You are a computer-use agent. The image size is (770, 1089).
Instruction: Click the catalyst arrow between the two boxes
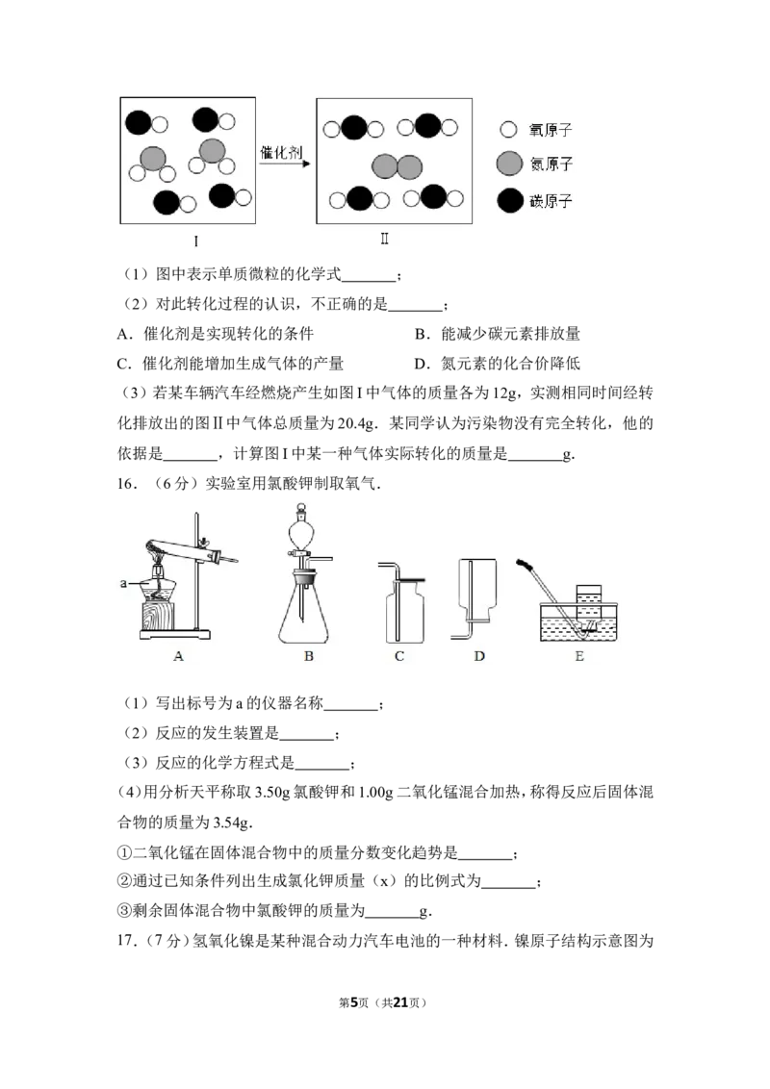point(285,164)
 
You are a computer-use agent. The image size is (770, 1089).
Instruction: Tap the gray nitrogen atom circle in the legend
point(509,164)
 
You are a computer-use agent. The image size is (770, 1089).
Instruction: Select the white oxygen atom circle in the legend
point(509,129)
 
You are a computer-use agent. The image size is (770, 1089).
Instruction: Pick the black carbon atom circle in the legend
point(509,201)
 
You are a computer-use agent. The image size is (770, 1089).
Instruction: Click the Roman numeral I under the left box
point(195,241)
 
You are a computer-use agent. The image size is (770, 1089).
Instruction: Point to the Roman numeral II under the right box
point(384,239)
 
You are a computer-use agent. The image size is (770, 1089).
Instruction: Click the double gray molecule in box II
point(397,166)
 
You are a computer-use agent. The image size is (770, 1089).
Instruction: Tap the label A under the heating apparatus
point(179,656)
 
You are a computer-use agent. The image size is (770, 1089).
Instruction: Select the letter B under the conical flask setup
point(309,656)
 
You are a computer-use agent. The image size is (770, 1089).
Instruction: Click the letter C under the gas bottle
point(398,656)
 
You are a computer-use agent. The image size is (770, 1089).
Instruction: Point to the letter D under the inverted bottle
point(478,656)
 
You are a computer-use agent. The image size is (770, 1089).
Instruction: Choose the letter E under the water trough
point(578,656)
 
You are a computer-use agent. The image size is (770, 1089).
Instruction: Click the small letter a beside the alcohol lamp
point(124,583)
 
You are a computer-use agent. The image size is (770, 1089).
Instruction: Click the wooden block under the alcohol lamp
point(157,616)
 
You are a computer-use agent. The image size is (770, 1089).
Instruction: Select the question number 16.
point(126,484)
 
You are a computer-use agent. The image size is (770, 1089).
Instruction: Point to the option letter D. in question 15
point(423,364)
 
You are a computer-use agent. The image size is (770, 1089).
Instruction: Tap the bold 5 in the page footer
point(354,1002)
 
